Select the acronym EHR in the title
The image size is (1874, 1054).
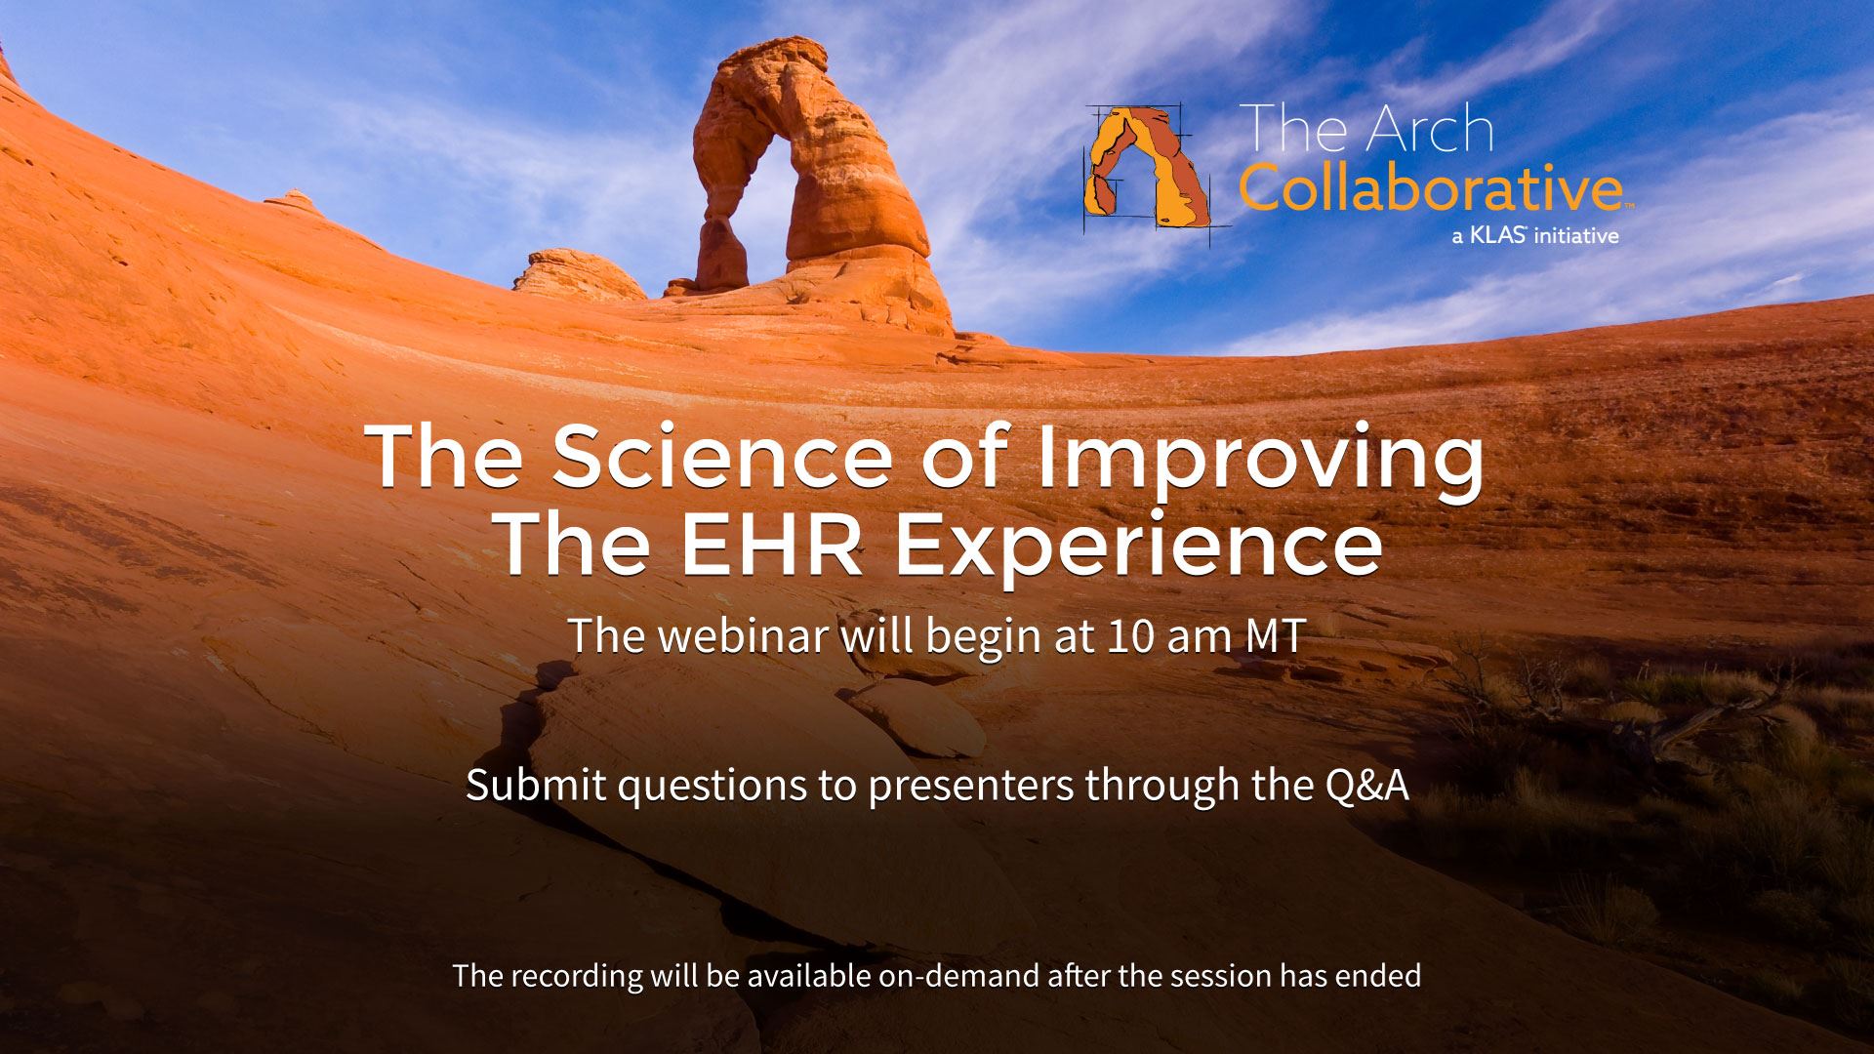coord(771,547)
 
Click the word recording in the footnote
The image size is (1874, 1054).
coord(586,976)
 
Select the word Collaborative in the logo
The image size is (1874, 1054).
coord(1430,189)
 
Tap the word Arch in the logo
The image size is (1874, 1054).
coord(1429,131)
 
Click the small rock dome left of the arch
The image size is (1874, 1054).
coord(576,273)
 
